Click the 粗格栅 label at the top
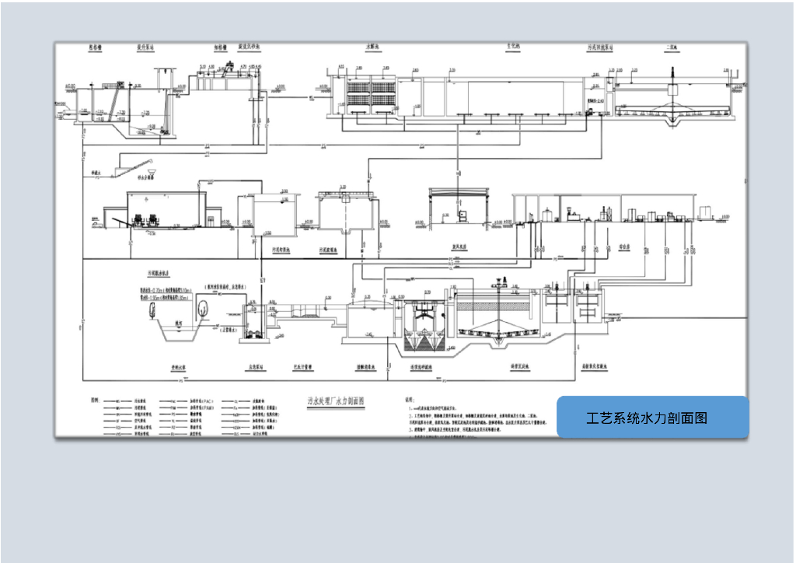pyautogui.click(x=96, y=47)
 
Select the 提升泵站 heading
pyautogui.click(x=145, y=47)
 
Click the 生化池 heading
pyautogui.click(x=513, y=47)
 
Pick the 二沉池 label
pyautogui.click(x=670, y=47)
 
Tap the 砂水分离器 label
pyautogui.click(x=145, y=177)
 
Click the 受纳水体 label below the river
pyautogui.click(x=182, y=365)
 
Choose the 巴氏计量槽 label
pyautogui.click(x=302, y=365)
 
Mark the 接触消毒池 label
pyautogui.click(x=368, y=365)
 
